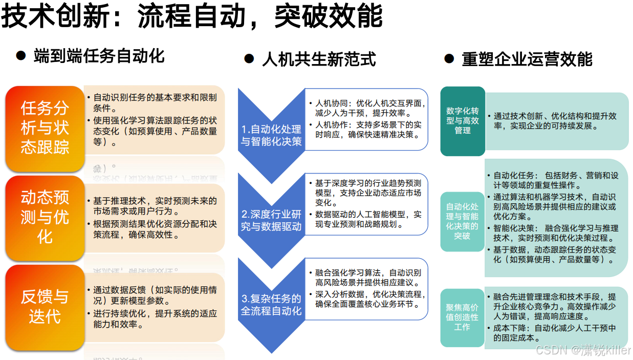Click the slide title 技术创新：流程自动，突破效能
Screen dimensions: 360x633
[192, 16]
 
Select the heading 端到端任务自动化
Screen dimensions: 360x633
[99, 56]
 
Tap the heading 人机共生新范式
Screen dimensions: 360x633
[319, 59]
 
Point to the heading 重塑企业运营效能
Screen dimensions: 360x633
[527, 59]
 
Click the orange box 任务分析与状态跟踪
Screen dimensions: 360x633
[45, 128]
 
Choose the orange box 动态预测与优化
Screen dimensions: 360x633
[45, 217]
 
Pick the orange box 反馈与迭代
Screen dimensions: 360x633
[45, 306]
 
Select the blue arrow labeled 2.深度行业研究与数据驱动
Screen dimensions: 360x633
[271, 220]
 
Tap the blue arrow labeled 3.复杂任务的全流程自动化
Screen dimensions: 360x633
[271, 304]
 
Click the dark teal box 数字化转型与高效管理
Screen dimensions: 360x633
[463, 121]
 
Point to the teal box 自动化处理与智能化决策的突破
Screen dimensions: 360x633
[462, 221]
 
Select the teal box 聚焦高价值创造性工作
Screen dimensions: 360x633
[462, 317]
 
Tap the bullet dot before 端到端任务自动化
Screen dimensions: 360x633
[21, 55]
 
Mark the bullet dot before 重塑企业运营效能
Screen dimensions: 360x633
[449, 59]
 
